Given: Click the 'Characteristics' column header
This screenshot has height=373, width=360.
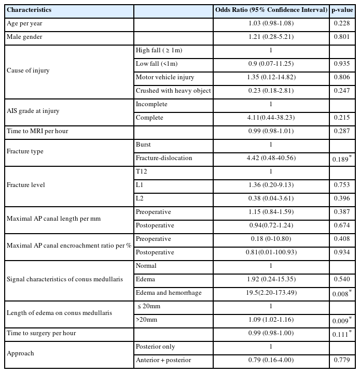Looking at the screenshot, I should (29, 10).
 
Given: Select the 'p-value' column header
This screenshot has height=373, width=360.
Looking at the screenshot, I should (342, 10).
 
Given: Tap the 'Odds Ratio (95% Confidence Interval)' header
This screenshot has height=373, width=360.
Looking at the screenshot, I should (271, 10).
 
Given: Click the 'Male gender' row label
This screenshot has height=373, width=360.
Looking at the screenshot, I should (24, 37).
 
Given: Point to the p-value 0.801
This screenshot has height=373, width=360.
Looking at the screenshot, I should (340, 37).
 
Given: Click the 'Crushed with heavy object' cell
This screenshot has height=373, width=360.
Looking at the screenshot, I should (173, 91).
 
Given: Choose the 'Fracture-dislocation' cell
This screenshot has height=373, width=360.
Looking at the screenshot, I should (163, 158).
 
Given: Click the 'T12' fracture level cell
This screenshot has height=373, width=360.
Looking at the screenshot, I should (141, 171).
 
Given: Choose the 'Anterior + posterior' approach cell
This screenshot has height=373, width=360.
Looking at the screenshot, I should (164, 360).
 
